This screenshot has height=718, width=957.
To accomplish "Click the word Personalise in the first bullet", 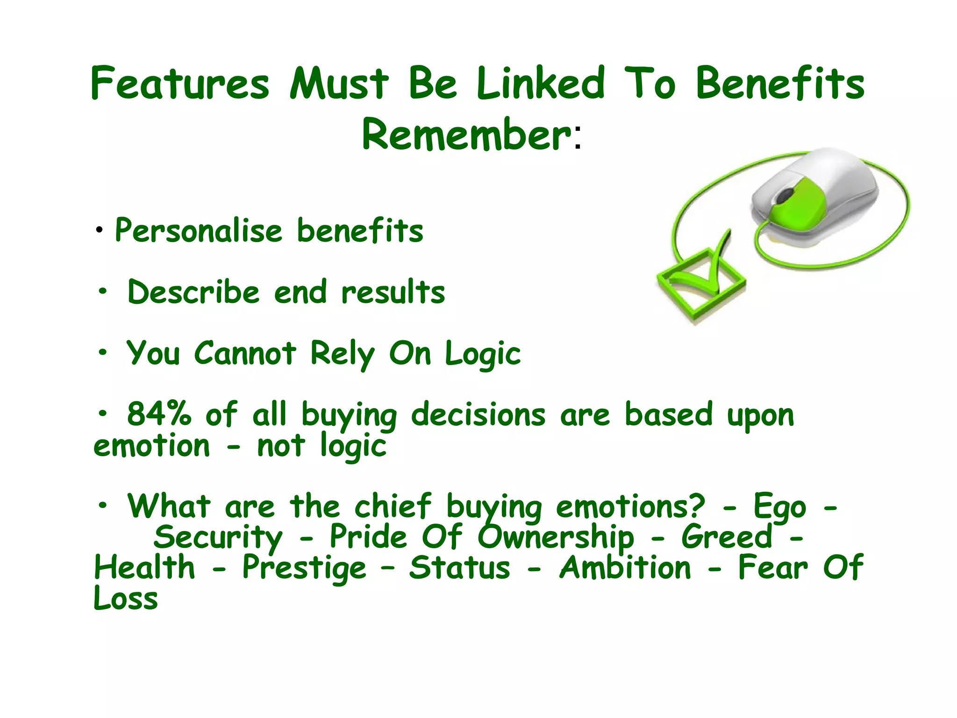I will (199, 231).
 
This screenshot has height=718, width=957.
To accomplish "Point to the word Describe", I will (193, 292).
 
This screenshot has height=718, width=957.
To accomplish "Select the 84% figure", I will (159, 414).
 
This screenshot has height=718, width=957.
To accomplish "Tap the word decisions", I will (478, 414).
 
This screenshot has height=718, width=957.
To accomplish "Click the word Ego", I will (779, 507).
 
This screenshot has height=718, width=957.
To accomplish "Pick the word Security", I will (218, 538).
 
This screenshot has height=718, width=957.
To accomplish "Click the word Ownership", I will (556, 538).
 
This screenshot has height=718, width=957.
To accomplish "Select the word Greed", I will (727, 538).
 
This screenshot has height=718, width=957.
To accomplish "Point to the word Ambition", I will (625, 568).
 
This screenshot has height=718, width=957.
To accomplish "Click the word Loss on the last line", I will (126, 598).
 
